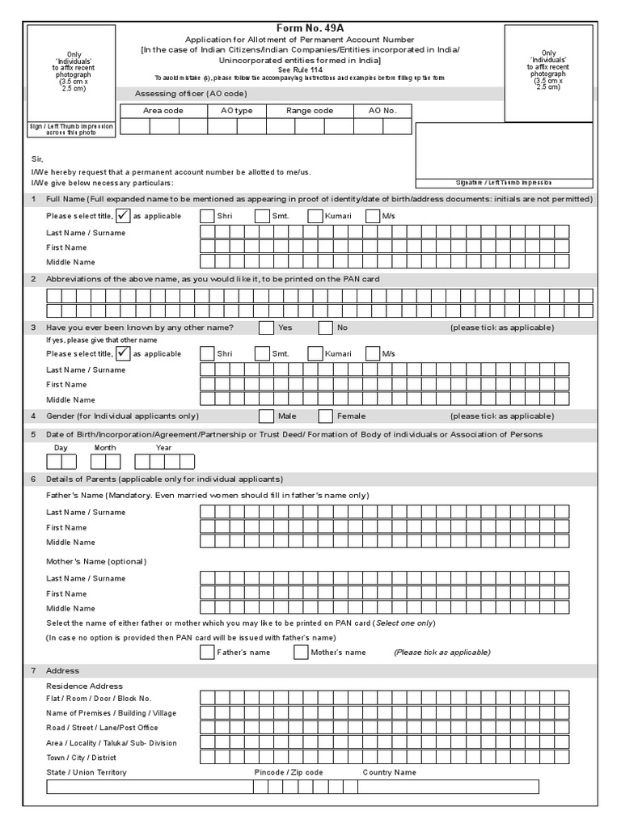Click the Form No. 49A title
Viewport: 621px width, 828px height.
click(310, 27)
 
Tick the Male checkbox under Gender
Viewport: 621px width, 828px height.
click(266, 416)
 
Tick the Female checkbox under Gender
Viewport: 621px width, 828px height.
click(326, 416)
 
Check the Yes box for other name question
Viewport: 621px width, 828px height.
click(266, 327)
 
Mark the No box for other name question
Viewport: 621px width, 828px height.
click(326, 327)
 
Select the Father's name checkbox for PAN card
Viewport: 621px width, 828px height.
click(207, 653)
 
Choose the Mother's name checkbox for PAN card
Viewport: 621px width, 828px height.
click(301, 653)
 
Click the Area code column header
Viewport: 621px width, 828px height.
click(163, 111)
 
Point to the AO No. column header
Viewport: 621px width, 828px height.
click(383, 111)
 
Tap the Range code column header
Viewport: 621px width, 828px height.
click(310, 111)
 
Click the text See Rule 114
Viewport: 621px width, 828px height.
click(310, 70)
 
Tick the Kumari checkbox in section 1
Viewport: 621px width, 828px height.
click(315, 216)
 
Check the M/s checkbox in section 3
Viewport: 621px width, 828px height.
click(372, 354)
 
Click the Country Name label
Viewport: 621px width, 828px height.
click(390, 772)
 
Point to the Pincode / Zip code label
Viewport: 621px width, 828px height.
click(289, 772)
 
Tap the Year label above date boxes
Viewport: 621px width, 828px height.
click(163, 447)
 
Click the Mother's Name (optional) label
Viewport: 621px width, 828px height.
click(96, 561)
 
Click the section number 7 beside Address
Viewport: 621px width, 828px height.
click(33, 671)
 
